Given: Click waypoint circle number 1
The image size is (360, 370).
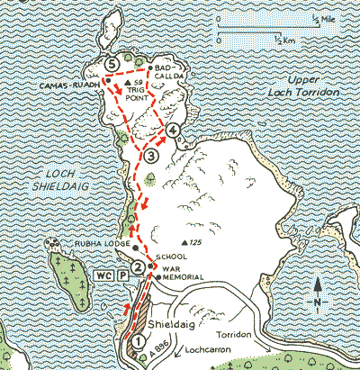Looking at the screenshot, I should tap(138, 341).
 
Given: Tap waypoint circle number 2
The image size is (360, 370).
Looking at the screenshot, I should tap(137, 267).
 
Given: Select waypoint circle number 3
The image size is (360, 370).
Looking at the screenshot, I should tap(151, 157).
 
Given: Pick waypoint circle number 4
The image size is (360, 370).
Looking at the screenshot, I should tap(174, 131).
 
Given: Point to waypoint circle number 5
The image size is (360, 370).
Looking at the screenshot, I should tap(112, 64).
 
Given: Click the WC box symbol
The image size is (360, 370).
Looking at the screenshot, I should tap(103, 273).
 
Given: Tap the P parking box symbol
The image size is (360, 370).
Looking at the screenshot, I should tap(122, 273).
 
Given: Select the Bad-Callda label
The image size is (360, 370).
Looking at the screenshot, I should tap(169, 73).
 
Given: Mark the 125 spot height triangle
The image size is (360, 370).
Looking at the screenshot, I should tap(184, 243).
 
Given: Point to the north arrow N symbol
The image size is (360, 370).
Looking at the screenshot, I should tap(319, 285).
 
